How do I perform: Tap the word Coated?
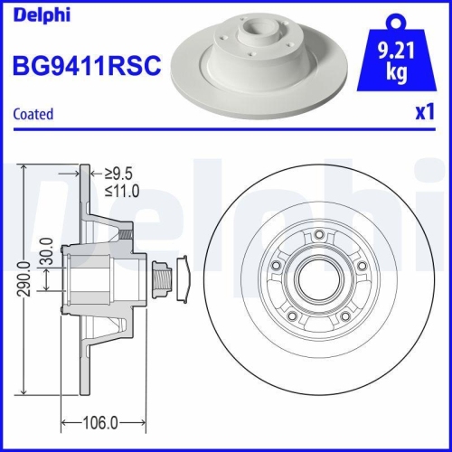[33, 114]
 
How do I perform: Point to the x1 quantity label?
[422, 114]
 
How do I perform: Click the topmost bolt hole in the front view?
[319, 237]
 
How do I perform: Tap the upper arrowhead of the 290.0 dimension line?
[24, 171]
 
